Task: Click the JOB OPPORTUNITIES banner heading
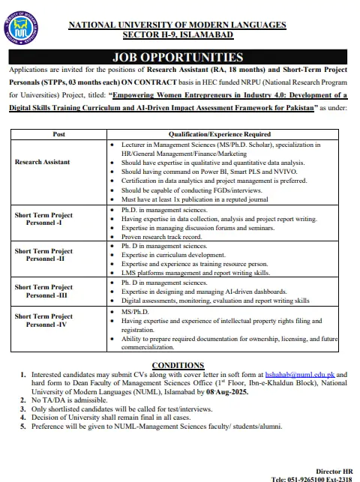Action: (x=178, y=57)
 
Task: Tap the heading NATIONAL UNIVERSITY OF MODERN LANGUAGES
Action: (x=178, y=25)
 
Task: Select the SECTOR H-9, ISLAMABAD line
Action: (x=178, y=35)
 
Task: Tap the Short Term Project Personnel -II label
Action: (x=44, y=256)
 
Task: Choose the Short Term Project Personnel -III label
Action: (x=44, y=292)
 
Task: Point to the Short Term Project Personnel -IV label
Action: (x=44, y=321)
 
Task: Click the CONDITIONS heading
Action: (x=178, y=365)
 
